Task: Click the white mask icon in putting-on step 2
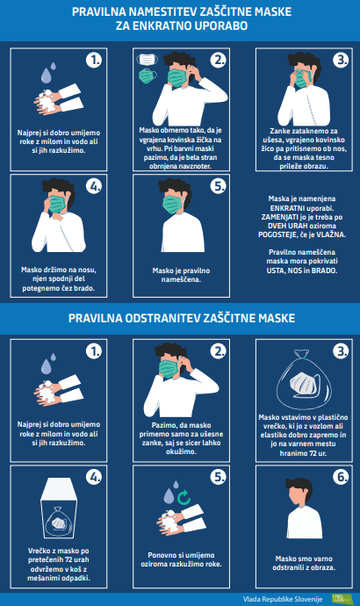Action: click(148, 60)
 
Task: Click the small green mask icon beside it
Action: click(148, 76)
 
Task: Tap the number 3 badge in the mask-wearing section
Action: click(341, 60)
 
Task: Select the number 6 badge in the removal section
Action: click(341, 477)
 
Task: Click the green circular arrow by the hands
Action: click(184, 497)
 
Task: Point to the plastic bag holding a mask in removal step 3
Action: click(305, 380)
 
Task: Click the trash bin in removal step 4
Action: click(59, 509)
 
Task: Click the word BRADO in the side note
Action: click(325, 271)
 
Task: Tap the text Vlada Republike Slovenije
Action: click(283, 599)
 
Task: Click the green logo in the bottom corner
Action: click(342, 599)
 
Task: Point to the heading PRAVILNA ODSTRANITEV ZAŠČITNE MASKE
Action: click(182, 318)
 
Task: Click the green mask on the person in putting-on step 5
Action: click(172, 204)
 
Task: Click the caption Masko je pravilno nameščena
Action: click(181, 275)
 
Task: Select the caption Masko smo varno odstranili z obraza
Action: click(304, 563)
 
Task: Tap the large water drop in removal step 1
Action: click(47, 366)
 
